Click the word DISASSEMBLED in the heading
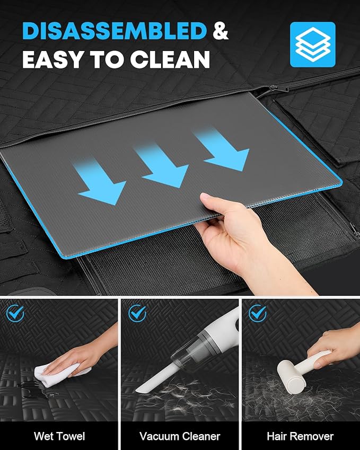coord(115,31)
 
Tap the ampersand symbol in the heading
coord(220,31)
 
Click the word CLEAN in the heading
coord(170,59)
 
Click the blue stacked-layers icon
coord(313,45)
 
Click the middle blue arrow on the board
coord(162,165)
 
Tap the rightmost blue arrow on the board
coord(223,149)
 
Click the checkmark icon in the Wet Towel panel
coord(15,313)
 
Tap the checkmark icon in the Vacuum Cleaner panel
coord(137,313)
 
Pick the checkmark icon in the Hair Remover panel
coord(258,313)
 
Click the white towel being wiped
coord(60,373)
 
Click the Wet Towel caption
coord(59,436)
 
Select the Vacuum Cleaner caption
coord(180,436)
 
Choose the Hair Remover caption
coord(300,436)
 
